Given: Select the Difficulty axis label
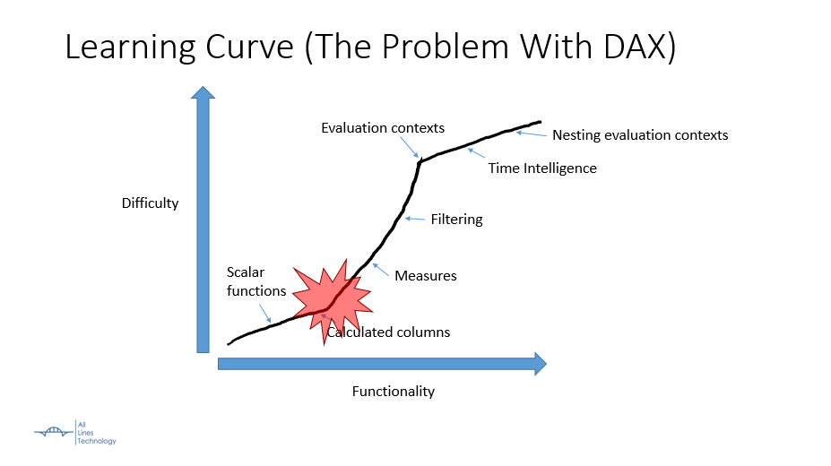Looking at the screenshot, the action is pyautogui.click(x=150, y=203).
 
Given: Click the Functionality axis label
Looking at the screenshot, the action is pyautogui.click(x=394, y=392).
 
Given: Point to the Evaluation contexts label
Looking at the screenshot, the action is pyautogui.click(x=383, y=128).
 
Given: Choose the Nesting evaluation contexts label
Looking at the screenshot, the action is pyautogui.click(x=640, y=135).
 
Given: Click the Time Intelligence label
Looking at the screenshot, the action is pyautogui.click(x=542, y=168).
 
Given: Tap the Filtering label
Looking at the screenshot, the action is pyautogui.click(x=457, y=220).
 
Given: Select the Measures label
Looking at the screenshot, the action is pyautogui.click(x=426, y=276).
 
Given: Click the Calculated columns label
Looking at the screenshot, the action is pyautogui.click(x=388, y=332).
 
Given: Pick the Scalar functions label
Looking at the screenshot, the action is pyautogui.click(x=256, y=281).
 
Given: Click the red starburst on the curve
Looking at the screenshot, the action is pyautogui.click(x=333, y=302).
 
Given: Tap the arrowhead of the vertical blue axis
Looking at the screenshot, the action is pyautogui.click(x=203, y=92).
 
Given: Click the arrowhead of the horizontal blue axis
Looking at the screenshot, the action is pyautogui.click(x=541, y=364).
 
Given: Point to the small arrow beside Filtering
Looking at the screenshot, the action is pyautogui.click(x=415, y=219).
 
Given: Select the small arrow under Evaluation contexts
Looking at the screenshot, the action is pyautogui.click(x=409, y=147).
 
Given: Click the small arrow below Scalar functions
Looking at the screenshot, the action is pyautogui.click(x=265, y=314).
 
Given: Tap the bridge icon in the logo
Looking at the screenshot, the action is pyautogui.click(x=54, y=432).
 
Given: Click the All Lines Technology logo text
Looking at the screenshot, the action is pyautogui.click(x=97, y=433).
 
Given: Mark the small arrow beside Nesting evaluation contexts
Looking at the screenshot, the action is pyautogui.click(x=532, y=134).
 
